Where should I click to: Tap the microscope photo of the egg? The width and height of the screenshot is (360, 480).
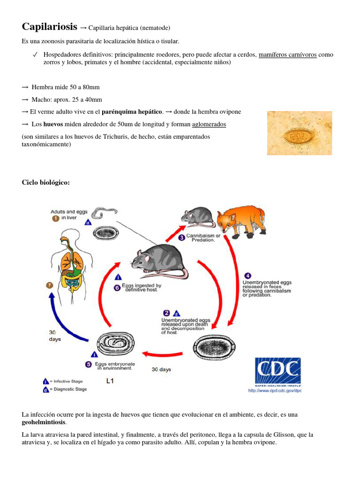[299, 133]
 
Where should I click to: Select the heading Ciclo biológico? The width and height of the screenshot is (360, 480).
[46, 182]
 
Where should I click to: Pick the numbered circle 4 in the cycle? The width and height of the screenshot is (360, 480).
[248, 276]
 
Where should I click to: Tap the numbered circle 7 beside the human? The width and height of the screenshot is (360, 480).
[49, 285]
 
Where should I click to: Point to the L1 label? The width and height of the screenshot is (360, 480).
[110, 381]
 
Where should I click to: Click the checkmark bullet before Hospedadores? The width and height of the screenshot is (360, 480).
[35, 55]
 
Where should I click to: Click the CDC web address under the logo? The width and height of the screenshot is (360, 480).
[275, 390]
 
